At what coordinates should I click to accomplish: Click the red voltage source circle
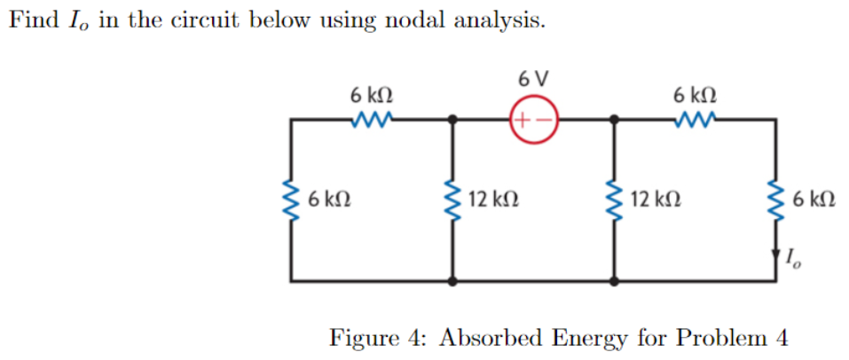pyautogui.click(x=533, y=119)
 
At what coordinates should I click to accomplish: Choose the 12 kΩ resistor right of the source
pyautogui.click(x=614, y=200)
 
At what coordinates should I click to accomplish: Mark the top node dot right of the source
pyautogui.click(x=614, y=119)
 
